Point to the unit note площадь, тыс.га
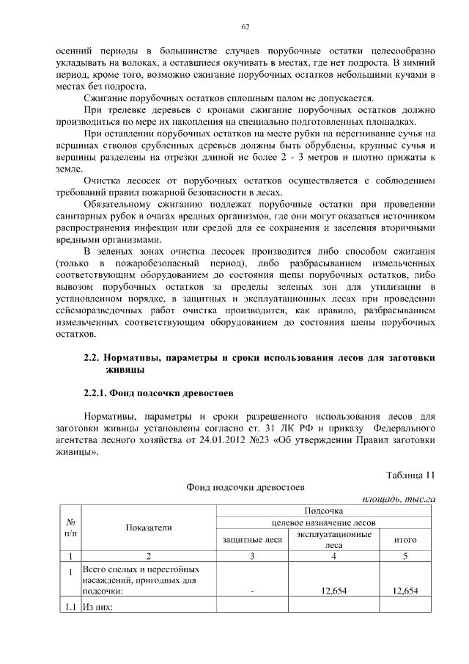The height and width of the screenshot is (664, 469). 399,499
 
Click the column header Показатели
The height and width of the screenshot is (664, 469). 148,528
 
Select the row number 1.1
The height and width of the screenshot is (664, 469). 69,608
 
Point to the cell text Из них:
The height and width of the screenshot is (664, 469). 97,608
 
